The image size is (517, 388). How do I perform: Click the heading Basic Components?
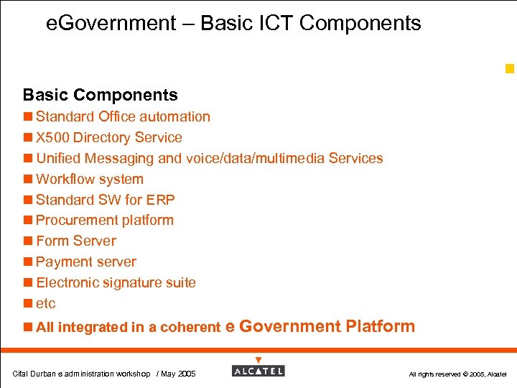(100, 95)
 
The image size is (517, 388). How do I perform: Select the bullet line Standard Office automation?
(123, 116)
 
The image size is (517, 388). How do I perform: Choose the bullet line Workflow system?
(89, 179)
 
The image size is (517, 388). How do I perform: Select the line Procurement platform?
(104, 220)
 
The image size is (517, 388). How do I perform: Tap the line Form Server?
(75, 241)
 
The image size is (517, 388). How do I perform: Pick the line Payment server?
(85, 262)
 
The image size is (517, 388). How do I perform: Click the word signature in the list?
(134, 282)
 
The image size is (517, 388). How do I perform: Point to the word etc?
(45, 303)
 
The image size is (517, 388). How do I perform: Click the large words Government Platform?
(327, 326)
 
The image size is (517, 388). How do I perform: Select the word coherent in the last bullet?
(190, 328)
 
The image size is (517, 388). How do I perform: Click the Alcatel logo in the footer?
(258, 371)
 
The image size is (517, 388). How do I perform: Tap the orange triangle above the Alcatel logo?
(258, 360)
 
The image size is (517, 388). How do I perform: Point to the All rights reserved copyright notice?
(457, 374)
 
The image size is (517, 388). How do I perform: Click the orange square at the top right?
(509, 69)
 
